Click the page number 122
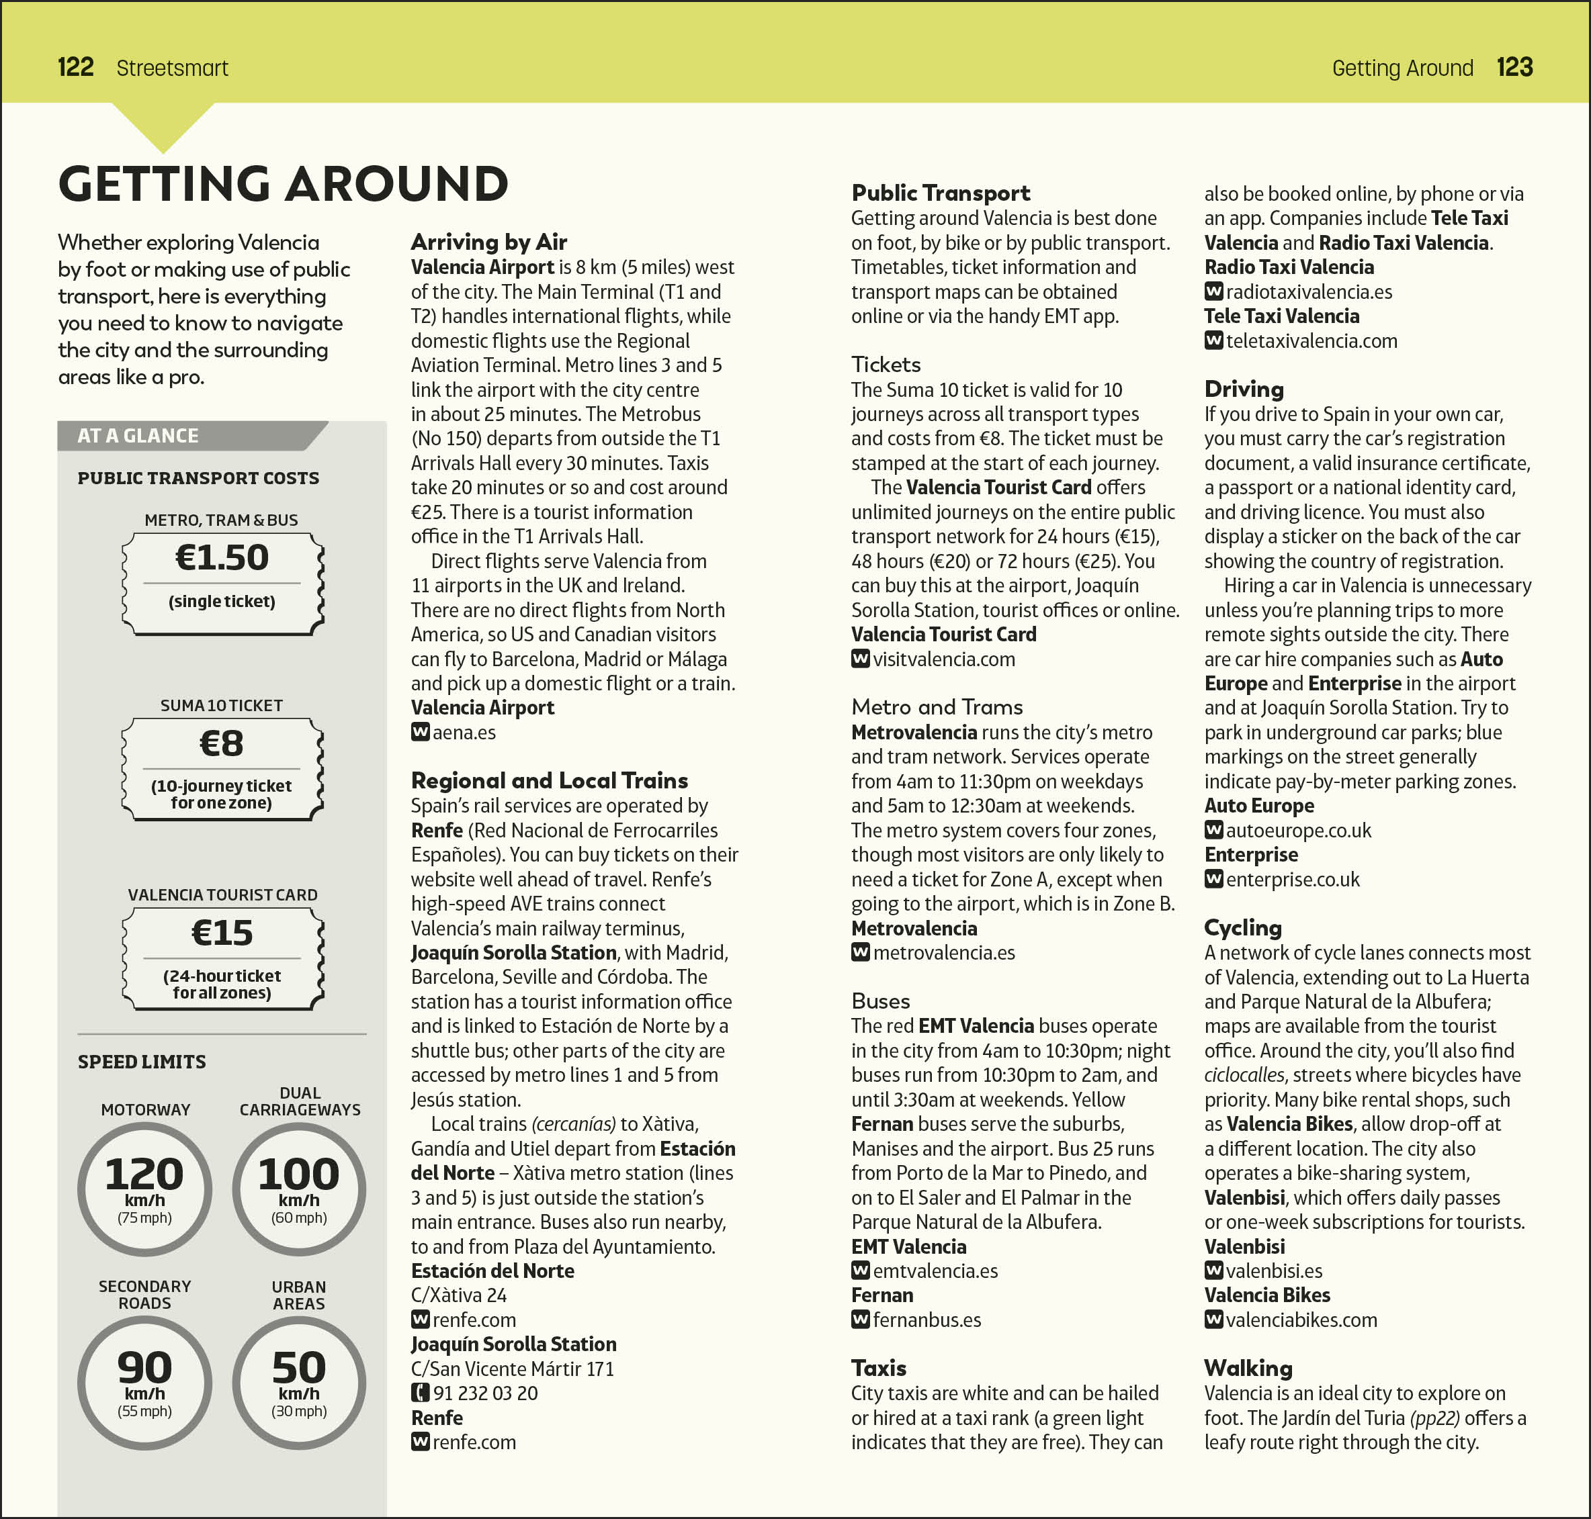[x=75, y=67]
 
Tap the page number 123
[x=1514, y=67]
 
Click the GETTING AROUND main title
[x=284, y=184]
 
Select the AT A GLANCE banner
[x=138, y=436]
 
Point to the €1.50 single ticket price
[x=222, y=558]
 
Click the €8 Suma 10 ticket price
[x=221, y=743]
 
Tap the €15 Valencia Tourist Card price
[x=222, y=933]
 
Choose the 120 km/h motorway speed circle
[x=145, y=1189]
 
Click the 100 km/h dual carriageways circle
[x=299, y=1189]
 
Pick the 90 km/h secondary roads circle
[x=145, y=1382]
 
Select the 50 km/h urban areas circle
[x=299, y=1382]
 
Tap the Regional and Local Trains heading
[x=549, y=780]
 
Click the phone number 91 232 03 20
[x=485, y=1393]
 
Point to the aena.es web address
[x=464, y=732]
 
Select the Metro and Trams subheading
[x=937, y=707]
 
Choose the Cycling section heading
[x=1243, y=927]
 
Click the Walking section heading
[x=1248, y=1368]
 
